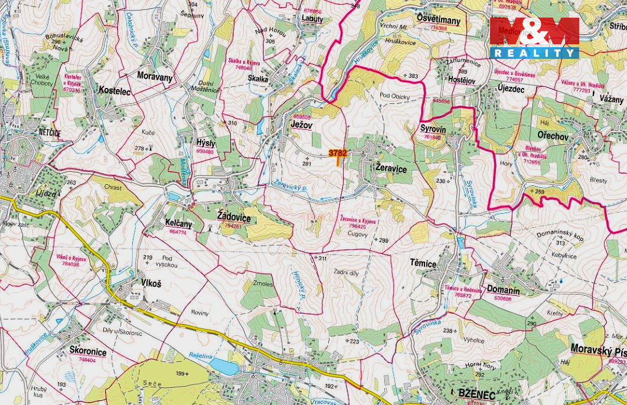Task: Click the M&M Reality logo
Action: (x=534, y=37)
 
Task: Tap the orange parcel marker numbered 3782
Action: (x=338, y=154)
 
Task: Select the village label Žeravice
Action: (x=391, y=168)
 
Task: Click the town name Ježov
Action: (x=301, y=125)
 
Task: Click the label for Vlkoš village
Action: (x=151, y=283)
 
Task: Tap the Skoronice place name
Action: (x=87, y=350)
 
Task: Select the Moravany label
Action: (x=155, y=76)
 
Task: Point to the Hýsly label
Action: (x=205, y=143)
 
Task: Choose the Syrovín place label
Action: (x=433, y=129)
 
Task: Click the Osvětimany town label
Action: (x=438, y=20)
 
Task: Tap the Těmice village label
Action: (x=423, y=263)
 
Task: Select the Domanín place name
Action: (x=503, y=290)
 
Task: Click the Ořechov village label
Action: (x=553, y=136)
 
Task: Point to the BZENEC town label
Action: (x=476, y=393)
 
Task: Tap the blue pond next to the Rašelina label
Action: (x=224, y=367)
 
